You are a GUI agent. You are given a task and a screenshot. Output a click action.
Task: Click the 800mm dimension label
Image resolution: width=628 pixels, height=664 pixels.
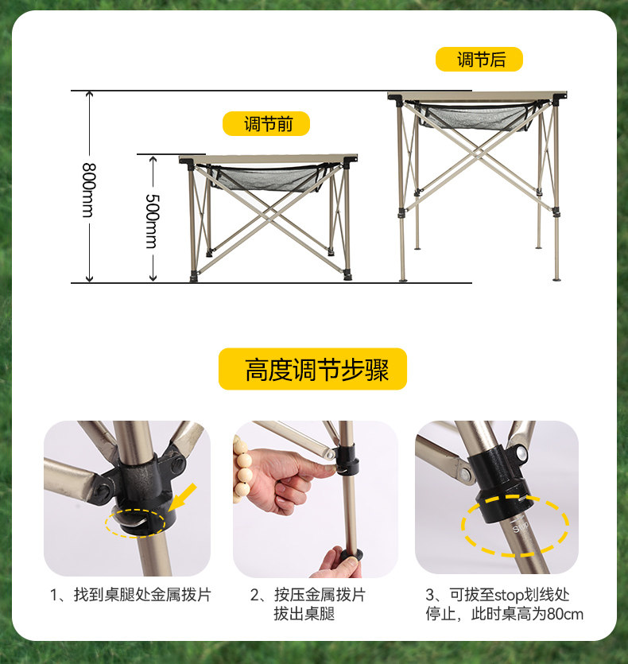tap(89, 190)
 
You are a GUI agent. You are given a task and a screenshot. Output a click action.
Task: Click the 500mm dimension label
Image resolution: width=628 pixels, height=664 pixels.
tap(153, 221)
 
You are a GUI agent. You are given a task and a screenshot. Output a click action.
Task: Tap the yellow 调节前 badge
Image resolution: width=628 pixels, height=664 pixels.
tap(266, 123)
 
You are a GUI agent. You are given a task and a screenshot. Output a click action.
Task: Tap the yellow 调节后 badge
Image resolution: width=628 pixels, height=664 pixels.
tap(479, 60)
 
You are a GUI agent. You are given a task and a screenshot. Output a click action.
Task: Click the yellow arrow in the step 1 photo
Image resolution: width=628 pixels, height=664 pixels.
tap(183, 497)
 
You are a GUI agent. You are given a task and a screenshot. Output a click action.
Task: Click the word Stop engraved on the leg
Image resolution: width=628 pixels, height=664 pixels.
tap(521, 527)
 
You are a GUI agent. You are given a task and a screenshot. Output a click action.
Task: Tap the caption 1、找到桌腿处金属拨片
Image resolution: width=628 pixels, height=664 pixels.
tap(130, 595)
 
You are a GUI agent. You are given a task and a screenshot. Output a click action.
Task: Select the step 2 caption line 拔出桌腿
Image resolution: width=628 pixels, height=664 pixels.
tap(304, 614)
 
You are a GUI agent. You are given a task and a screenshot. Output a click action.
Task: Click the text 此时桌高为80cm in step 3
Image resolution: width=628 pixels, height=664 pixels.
tap(527, 614)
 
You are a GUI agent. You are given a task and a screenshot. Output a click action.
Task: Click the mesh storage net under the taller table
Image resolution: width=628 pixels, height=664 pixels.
tap(475, 117)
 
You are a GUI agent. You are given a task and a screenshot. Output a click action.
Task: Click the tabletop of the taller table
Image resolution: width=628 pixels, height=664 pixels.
tap(477, 96)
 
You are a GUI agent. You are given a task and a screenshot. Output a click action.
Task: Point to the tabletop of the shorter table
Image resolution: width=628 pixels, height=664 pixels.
tap(269, 159)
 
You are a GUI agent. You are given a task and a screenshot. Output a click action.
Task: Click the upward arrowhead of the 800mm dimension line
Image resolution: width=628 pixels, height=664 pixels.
tap(89, 95)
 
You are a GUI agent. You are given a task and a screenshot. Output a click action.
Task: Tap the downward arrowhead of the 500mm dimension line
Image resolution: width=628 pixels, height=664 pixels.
tap(153, 278)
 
